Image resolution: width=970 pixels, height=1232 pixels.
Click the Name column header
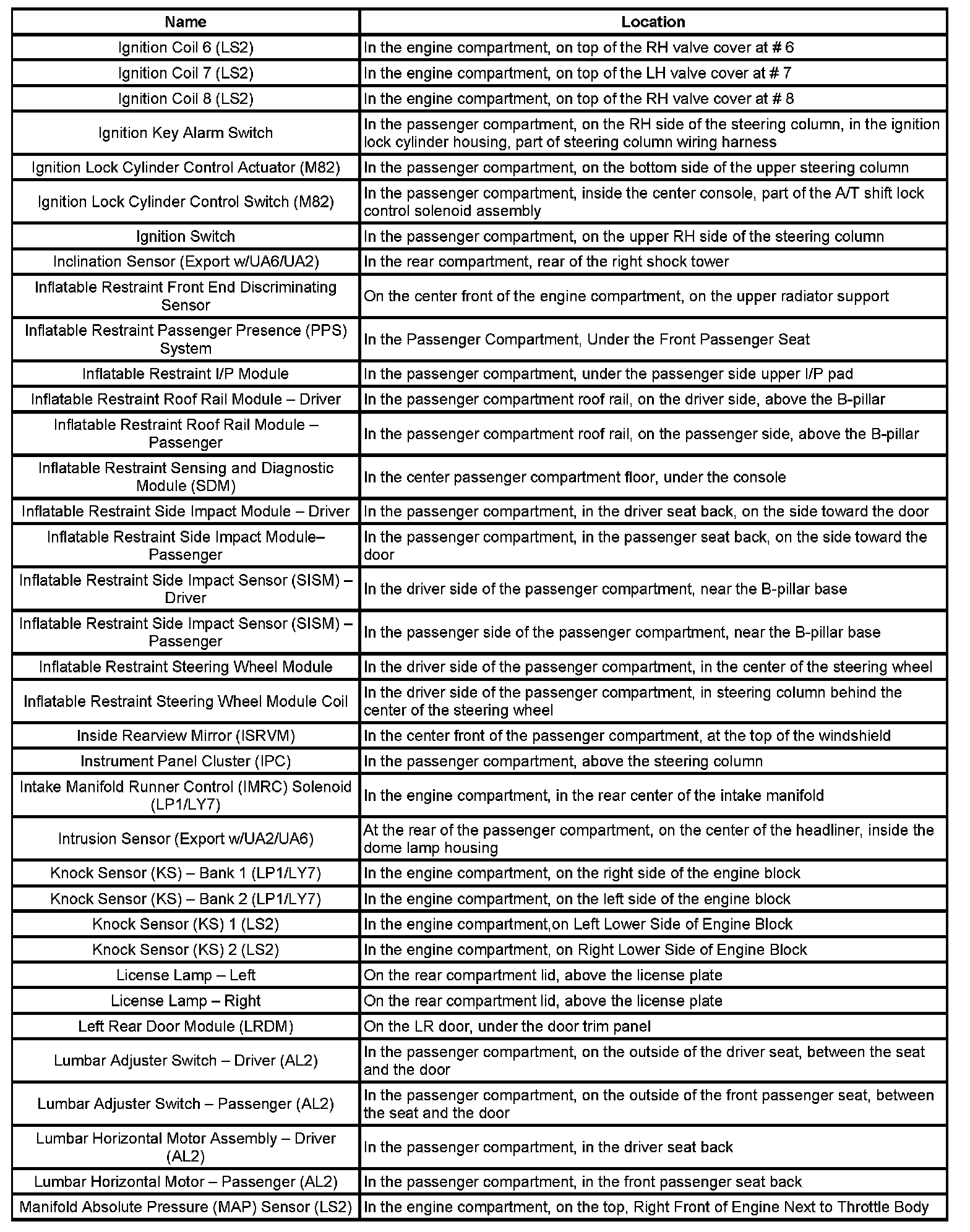[186, 22]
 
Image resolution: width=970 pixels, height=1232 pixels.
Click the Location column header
[653, 22]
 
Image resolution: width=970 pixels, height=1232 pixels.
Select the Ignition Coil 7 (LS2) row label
[186, 73]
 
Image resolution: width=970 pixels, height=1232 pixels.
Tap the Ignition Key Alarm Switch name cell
[186, 133]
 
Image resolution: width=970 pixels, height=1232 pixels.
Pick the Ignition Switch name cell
[186, 236]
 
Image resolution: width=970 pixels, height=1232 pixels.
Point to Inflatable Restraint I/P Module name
[186, 374]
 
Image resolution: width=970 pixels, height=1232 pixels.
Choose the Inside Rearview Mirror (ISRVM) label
[186, 736]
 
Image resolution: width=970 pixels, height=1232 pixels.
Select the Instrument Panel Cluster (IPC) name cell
[186, 761]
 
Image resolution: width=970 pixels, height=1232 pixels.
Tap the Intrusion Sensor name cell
[186, 839]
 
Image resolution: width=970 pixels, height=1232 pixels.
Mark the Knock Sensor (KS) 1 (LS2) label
[186, 924]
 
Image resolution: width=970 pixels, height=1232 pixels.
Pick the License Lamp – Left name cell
[186, 975]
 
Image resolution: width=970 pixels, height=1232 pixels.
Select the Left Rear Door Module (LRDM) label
[186, 1027]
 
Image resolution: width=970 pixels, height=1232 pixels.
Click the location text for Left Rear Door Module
[507, 1027]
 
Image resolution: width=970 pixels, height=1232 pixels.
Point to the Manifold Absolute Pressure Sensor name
[186, 1207]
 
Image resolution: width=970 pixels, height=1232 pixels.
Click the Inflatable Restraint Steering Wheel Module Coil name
[186, 701]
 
